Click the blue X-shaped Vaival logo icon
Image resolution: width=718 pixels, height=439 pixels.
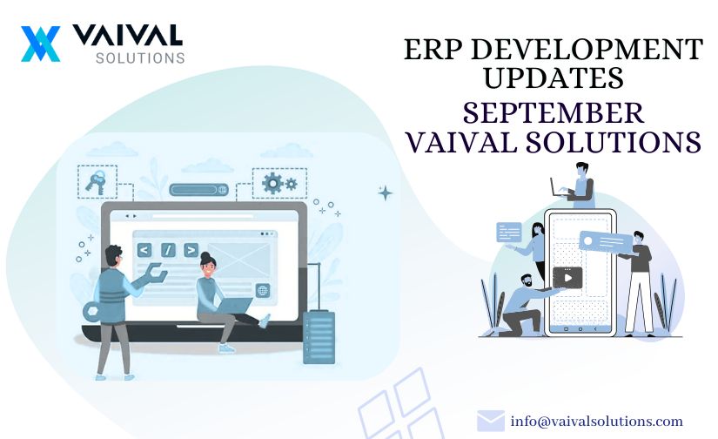40,44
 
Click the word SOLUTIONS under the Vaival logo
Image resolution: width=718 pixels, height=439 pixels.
140,58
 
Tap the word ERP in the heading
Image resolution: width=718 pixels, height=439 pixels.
433,49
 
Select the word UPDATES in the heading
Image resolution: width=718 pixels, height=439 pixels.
554,77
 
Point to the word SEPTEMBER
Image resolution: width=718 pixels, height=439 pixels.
554,112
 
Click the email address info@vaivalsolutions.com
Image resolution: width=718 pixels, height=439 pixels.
597,421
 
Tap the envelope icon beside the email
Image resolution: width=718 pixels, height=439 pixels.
491,421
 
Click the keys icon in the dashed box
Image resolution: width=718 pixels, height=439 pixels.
96,182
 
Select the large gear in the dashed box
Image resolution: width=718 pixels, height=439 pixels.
273,183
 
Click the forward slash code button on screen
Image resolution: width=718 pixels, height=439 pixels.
168,250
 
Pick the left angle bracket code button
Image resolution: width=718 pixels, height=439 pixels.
144,250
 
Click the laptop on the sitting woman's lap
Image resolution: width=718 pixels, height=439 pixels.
235,306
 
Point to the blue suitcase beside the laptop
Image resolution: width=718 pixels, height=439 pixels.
319,336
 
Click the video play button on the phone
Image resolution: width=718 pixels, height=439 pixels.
567,278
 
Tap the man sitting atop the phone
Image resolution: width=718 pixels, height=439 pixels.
577,186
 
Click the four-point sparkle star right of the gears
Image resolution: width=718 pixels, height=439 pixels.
385,192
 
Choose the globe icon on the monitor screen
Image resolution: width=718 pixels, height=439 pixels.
263,290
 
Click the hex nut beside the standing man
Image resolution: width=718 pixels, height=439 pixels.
91,311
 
